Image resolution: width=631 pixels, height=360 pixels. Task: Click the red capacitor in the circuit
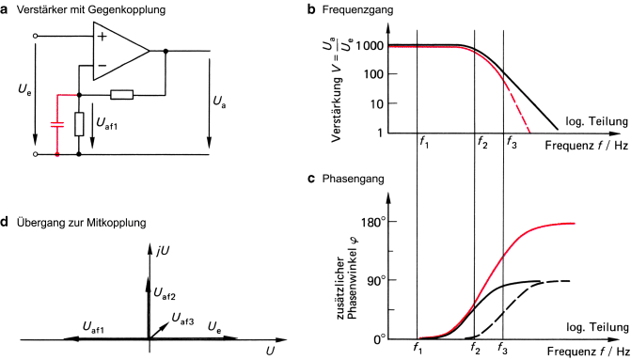click(x=57, y=123)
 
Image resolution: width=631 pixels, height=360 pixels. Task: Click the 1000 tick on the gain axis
click(x=371, y=45)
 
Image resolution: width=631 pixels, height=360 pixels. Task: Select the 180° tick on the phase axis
click(x=373, y=222)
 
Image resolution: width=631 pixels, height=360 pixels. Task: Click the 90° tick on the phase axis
click(x=376, y=280)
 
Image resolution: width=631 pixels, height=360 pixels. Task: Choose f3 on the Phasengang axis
click(x=503, y=349)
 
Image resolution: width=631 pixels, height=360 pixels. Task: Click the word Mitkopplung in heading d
click(x=111, y=223)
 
